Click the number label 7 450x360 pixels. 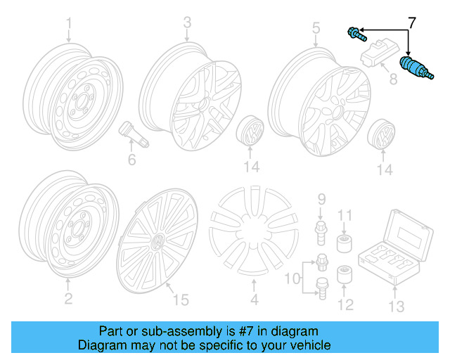click(412, 22)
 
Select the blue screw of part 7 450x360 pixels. click(356, 32)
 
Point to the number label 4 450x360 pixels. click(255, 300)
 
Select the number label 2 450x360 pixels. click(68, 300)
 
